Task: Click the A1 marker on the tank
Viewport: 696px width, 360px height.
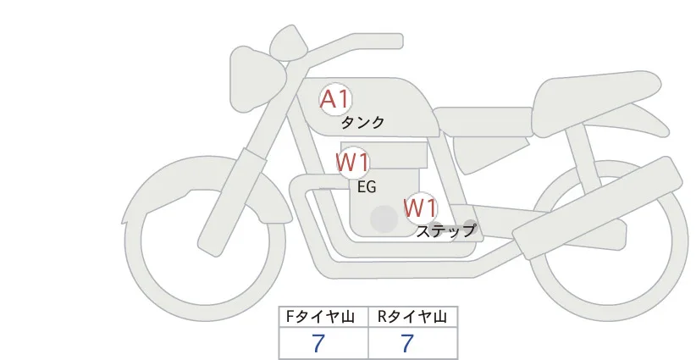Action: click(x=335, y=99)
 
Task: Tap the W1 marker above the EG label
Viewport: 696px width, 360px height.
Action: click(x=352, y=163)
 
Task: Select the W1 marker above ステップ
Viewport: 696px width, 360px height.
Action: click(x=421, y=208)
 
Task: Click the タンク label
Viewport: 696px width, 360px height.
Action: click(x=362, y=123)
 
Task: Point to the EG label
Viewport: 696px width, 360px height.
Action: click(x=367, y=187)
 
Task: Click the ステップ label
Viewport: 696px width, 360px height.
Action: click(x=445, y=231)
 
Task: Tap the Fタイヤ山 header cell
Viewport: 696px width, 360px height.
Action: click(x=323, y=317)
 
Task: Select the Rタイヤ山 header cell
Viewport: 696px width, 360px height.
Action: click(x=413, y=317)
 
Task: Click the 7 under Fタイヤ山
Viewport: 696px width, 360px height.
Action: click(x=318, y=343)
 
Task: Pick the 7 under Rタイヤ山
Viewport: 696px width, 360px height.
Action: click(x=407, y=343)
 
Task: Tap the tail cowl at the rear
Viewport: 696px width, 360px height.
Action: click(x=598, y=103)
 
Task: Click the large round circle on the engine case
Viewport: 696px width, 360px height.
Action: click(x=384, y=219)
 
